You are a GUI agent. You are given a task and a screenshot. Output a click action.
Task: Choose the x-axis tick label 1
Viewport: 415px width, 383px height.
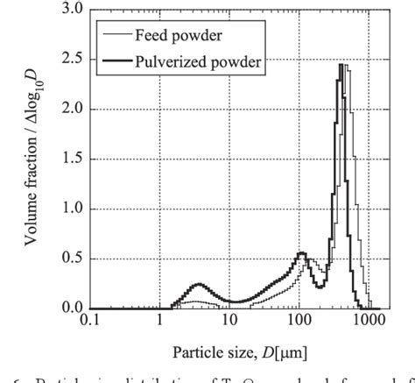(160, 323)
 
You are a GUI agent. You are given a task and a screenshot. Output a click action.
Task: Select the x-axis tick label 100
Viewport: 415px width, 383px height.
(299, 323)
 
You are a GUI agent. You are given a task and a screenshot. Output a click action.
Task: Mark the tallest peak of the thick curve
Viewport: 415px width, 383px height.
(341, 64)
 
